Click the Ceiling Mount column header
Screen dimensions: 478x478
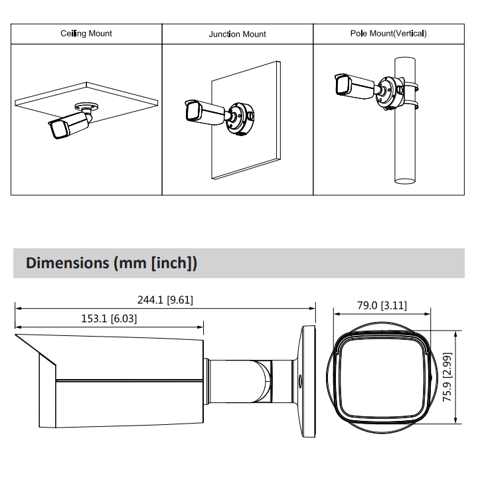tap(86, 33)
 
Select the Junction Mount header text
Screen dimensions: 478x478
tap(237, 34)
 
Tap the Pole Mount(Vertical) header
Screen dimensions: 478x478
tap(388, 33)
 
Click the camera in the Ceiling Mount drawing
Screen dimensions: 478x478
tap(69, 124)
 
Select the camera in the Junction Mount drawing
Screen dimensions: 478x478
tap(205, 112)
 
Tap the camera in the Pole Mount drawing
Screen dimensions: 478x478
tap(355, 86)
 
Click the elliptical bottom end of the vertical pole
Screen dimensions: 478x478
tap(405, 181)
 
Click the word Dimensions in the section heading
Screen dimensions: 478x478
tap(67, 263)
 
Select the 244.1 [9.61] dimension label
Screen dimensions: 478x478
tap(165, 300)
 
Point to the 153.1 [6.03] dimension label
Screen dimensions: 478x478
tap(109, 319)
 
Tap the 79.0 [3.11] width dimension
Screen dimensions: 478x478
tap(382, 305)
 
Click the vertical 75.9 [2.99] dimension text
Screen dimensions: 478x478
tap(447, 377)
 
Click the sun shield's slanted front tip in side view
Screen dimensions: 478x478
tap(15, 335)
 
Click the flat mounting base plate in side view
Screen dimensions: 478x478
tap(309, 381)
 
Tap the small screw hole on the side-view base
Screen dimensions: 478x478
tap(299, 381)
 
